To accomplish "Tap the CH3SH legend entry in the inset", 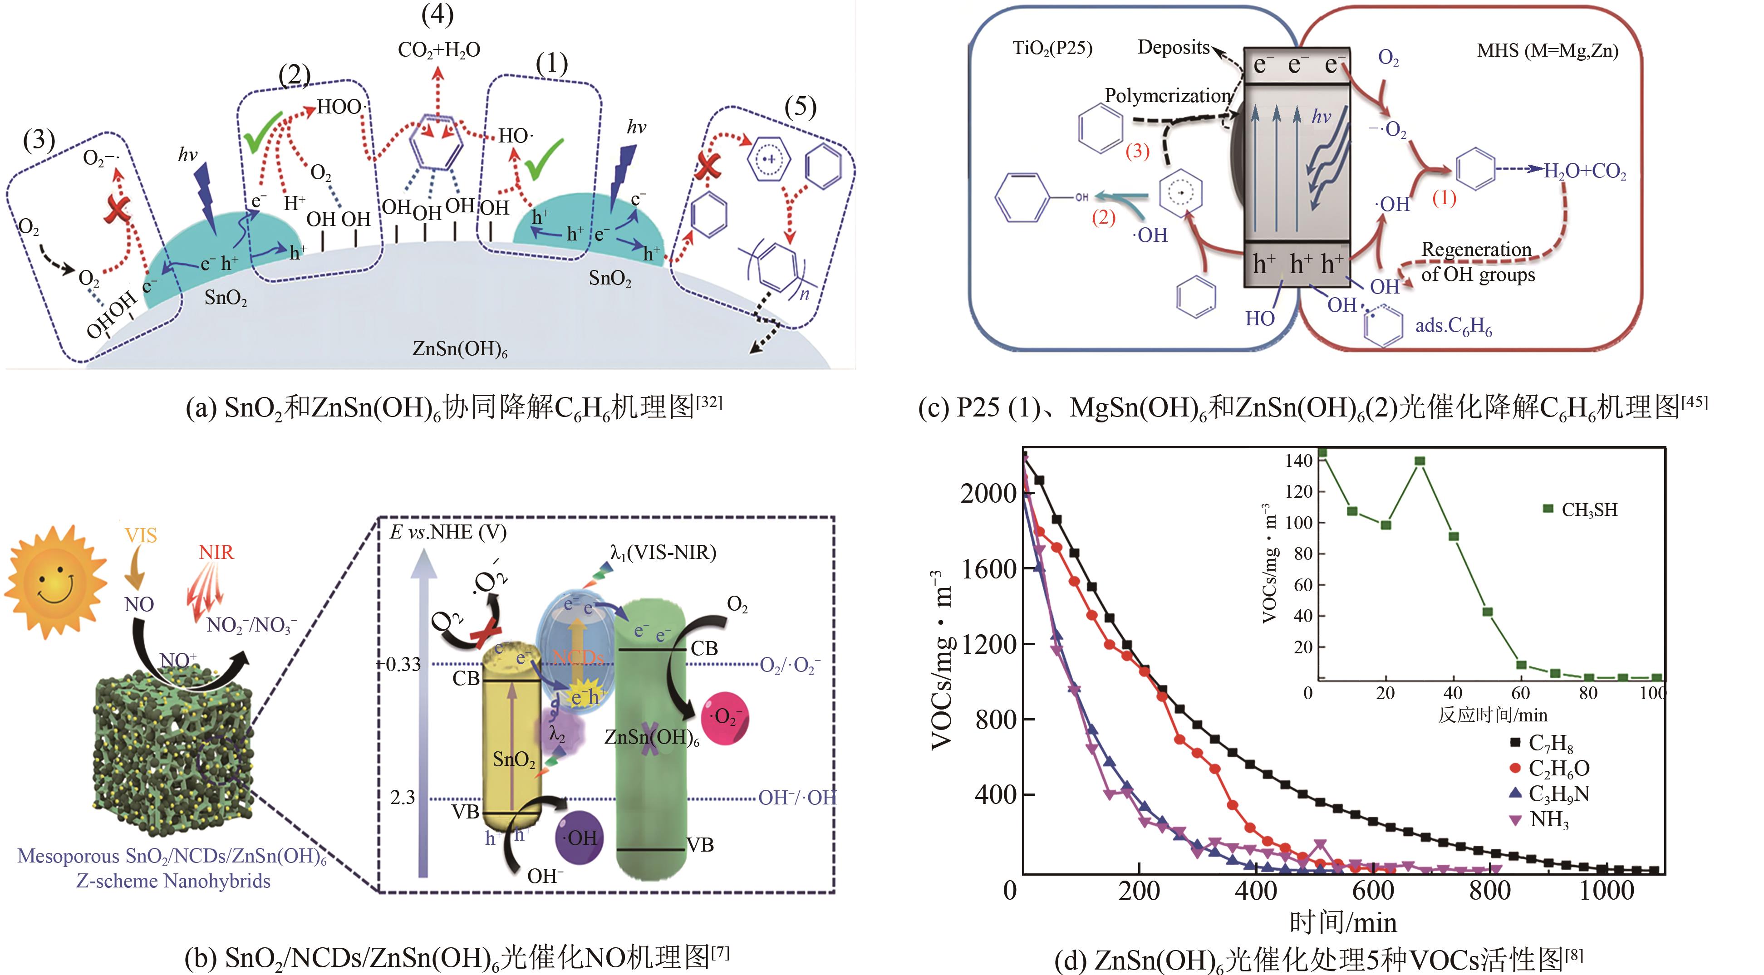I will pos(1582,510).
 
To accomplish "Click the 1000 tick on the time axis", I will pos(1606,891).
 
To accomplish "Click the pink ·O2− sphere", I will pos(724,718).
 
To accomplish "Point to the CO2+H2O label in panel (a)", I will pos(439,50).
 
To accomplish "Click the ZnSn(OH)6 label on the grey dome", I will pos(459,349).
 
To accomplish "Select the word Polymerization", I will pos(1168,96).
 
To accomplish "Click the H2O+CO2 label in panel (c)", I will pos(1585,171).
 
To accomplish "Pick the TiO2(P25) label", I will pos(1052,49).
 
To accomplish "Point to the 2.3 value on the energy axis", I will pos(403,797).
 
